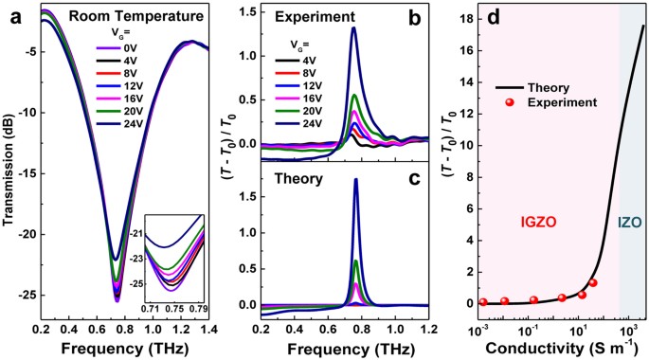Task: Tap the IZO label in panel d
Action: [631, 221]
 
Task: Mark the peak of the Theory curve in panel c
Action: [355, 179]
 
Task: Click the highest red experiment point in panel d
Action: [593, 282]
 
